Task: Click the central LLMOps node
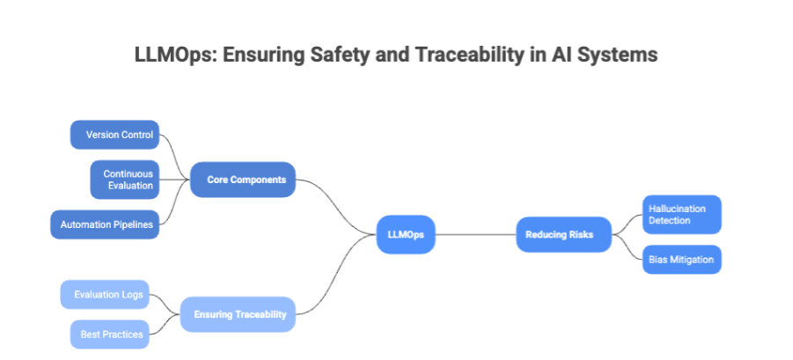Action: click(x=405, y=234)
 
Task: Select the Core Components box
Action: click(x=242, y=180)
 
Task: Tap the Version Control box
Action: click(x=115, y=136)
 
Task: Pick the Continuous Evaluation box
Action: click(x=126, y=180)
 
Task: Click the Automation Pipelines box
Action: click(x=106, y=224)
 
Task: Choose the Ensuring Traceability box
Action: click(x=238, y=313)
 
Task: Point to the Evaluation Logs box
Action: click(x=106, y=294)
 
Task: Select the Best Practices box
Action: click(x=109, y=334)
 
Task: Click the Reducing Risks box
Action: click(x=563, y=234)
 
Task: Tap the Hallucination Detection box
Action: click(x=681, y=214)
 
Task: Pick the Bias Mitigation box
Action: click(x=681, y=260)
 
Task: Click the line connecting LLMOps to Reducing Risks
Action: click(x=475, y=234)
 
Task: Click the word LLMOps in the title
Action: click(x=173, y=55)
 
